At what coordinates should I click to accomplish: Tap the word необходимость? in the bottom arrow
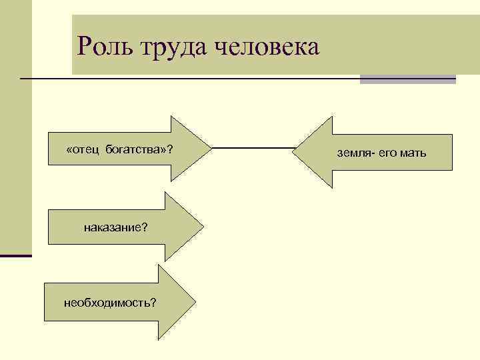110,303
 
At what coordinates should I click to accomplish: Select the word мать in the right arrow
413,154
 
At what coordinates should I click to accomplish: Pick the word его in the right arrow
389,154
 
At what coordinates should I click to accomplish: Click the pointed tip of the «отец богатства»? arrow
210,149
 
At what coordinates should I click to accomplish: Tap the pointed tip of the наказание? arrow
203,227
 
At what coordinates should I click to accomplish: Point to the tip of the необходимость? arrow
197,303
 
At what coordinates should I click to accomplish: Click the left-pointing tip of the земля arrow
293,153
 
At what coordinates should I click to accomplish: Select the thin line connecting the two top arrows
251,147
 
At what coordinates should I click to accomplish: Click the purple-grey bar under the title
407,79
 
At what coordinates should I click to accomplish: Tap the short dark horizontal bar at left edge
15,255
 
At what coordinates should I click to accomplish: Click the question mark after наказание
145,227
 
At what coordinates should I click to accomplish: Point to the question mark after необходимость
154,303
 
